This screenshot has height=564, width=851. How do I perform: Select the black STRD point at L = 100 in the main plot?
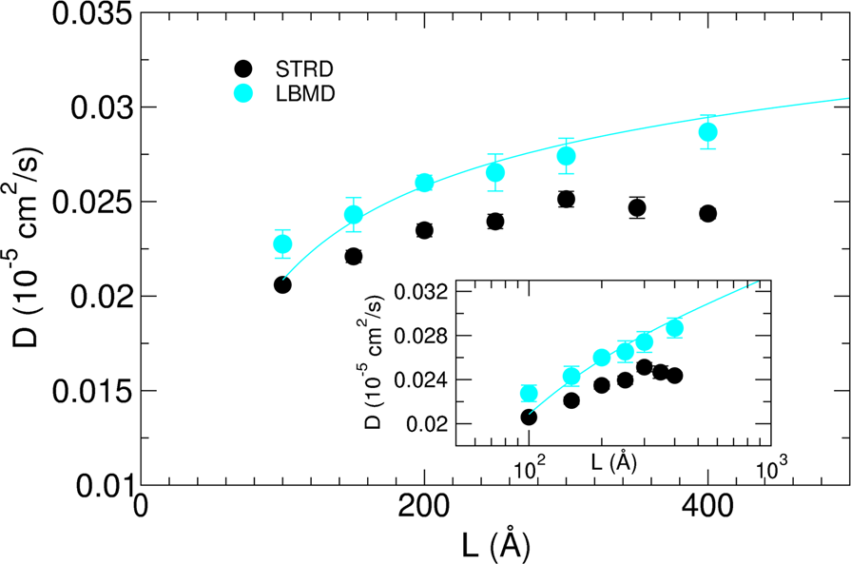pyautogui.click(x=282, y=284)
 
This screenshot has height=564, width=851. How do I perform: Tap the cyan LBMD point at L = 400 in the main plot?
pyautogui.click(x=707, y=131)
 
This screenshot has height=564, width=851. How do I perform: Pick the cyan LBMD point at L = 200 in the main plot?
pyautogui.click(x=424, y=183)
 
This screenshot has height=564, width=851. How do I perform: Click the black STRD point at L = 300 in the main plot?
pyautogui.click(x=566, y=199)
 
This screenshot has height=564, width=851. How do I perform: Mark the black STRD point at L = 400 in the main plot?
pyautogui.click(x=707, y=213)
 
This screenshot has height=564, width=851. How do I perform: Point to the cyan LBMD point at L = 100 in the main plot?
pyautogui.click(x=282, y=244)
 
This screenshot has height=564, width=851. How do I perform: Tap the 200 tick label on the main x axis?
pyautogui.click(x=424, y=511)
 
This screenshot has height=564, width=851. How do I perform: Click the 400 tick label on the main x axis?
pyautogui.click(x=707, y=511)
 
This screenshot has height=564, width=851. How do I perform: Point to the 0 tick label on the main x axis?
pyautogui.click(x=142, y=511)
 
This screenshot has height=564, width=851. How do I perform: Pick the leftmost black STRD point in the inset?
pyautogui.click(x=529, y=417)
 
